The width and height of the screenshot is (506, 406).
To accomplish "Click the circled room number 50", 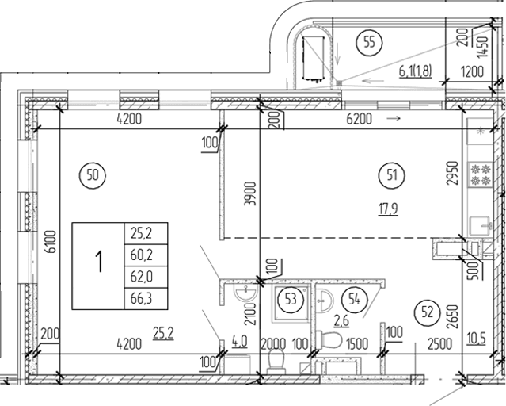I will point(93,175).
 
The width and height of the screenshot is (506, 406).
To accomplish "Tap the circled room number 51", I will point(388,175).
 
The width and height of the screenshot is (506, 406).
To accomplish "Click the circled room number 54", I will point(352,299).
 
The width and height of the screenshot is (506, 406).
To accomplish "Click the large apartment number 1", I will point(98,262).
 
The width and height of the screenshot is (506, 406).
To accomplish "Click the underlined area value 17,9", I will point(386,209).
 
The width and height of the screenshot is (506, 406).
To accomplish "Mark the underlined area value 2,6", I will point(342,321).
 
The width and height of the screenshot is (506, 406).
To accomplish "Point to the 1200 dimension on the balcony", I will point(474,71).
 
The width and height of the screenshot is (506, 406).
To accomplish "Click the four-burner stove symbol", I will point(479,174).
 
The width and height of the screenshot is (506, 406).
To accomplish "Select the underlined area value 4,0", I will point(238,342).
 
